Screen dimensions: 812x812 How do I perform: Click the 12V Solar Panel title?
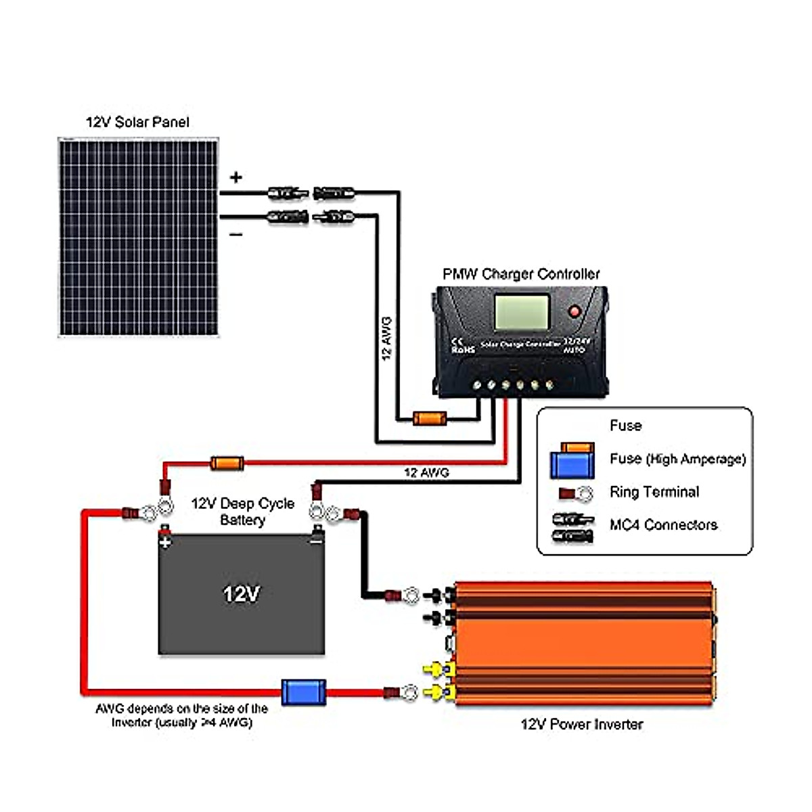(137, 122)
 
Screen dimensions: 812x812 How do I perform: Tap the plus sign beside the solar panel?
(235, 177)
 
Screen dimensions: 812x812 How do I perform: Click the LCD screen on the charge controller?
(521, 312)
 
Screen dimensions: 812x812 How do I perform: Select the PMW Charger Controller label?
(521, 274)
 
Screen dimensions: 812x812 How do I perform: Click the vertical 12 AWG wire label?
(386, 338)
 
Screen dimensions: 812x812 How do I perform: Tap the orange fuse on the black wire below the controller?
(430, 418)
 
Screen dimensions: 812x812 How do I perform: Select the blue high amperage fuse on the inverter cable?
(303, 692)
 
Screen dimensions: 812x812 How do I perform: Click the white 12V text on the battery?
(241, 594)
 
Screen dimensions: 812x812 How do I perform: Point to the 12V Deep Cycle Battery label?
(242, 512)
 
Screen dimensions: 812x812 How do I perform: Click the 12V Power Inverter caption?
(581, 724)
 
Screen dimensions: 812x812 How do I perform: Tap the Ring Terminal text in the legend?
(654, 492)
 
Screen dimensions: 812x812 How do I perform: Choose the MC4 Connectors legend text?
(663, 525)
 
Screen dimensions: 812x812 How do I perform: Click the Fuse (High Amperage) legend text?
(677, 459)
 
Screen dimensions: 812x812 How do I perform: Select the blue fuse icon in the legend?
(572, 464)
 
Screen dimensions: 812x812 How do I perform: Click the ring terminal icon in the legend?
(575, 493)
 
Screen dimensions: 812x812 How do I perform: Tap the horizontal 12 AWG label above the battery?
(426, 472)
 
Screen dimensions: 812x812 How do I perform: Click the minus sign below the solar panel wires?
(235, 235)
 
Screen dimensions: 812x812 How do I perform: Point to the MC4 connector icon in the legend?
(572, 528)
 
